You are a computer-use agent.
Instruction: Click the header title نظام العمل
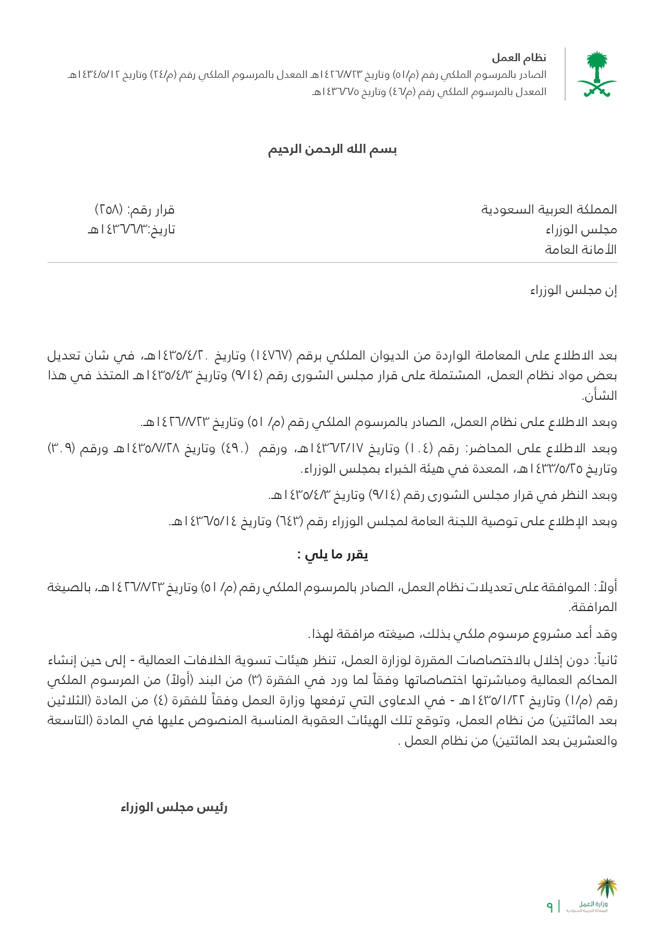[519, 57]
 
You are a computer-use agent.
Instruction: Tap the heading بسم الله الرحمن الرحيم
[332, 149]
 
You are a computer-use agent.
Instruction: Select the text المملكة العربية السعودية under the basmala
[549, 209]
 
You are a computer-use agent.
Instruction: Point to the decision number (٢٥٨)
[109, 209]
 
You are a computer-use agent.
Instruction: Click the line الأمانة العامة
[580, 249]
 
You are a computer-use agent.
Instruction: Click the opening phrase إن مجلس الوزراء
[573, 290]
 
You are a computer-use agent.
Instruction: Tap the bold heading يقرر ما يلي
[333, 555]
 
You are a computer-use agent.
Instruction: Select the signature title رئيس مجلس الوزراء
[174, 807]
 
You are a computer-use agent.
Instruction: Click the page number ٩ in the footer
[549, 906]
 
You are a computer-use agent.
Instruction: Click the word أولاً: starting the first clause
[604, 587]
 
